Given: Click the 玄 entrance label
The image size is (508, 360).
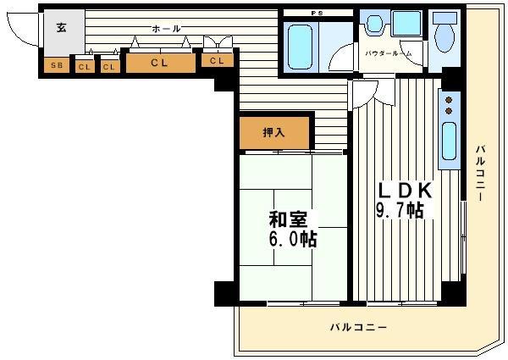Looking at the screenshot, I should [x=61, y=27].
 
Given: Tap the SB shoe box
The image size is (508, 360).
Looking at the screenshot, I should [x=56, y=64].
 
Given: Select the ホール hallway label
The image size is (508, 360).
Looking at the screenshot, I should [x=166, y=29].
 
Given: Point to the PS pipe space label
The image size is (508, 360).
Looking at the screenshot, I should [x=317, y=12].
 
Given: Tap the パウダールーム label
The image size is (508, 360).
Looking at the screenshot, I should [x=389, y=53].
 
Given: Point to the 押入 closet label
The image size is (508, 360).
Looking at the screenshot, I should [x=273, y=132].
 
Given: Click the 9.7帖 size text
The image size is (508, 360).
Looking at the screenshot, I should [x=400, y=211].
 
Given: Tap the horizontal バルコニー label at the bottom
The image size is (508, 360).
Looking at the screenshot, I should [x=358, y=327].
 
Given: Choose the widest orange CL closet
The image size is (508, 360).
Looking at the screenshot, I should [x=159, y=62].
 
